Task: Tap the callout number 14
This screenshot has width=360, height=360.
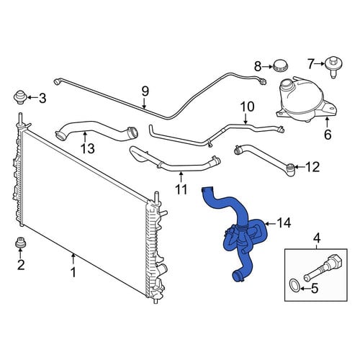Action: tap(284, 223)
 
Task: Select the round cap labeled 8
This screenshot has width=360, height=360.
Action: tap(281, 66)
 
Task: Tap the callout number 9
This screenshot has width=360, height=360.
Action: tap(145, 91)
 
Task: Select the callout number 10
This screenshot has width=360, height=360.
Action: tap(247, 107)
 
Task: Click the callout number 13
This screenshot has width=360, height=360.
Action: tap(88, 148)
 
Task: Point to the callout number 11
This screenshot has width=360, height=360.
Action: tap(181, 189)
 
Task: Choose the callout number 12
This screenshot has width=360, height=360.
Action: tap(312, 167)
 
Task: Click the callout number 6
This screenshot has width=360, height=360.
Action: tap(328, 135)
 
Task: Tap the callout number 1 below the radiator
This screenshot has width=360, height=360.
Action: tap(73, 273)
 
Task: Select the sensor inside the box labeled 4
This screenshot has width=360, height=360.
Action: tap(323, 268)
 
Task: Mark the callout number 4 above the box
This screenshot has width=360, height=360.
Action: tap(317, 238)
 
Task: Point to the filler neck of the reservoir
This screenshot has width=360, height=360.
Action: tap(288, 85)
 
